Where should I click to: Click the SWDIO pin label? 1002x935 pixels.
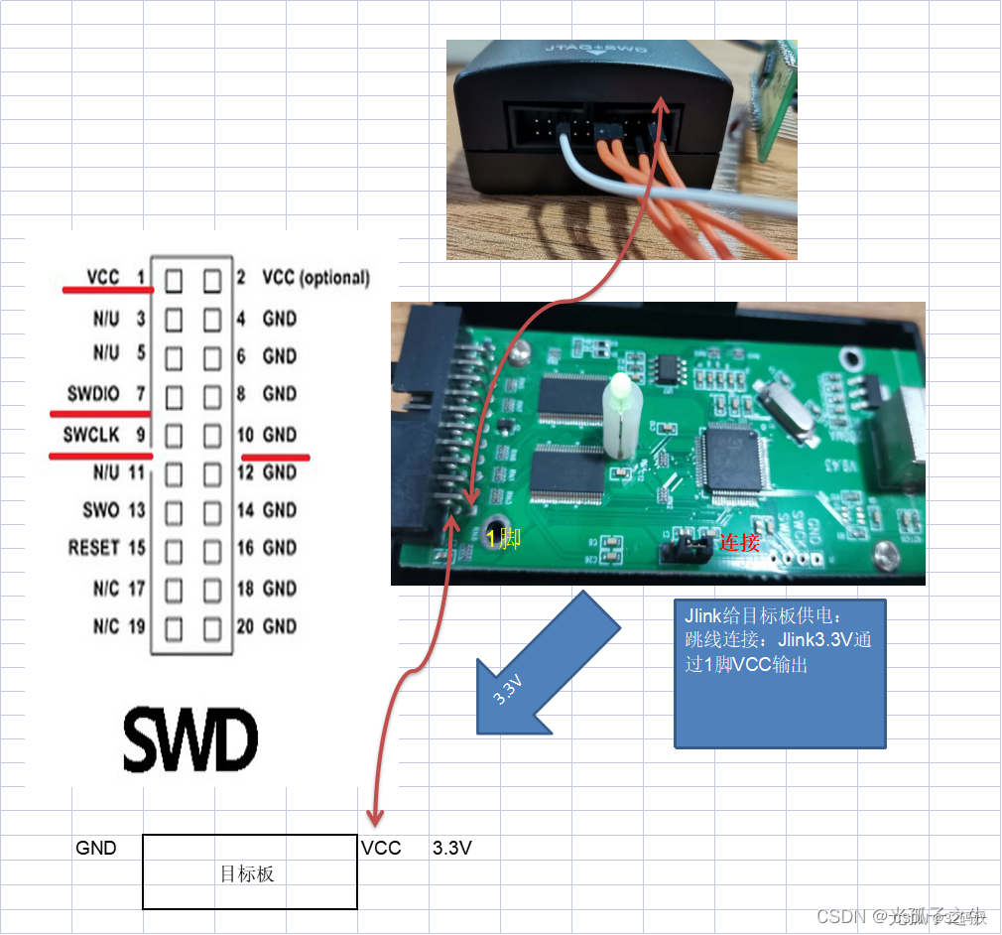93,394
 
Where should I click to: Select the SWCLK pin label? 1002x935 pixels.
91,434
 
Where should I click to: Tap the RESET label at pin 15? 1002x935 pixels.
93,548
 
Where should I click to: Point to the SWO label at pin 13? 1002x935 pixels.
101,510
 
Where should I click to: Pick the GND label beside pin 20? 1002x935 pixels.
280,626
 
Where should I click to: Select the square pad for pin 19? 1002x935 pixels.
175,627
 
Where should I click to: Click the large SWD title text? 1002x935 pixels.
190,738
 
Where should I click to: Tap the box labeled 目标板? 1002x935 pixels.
249,871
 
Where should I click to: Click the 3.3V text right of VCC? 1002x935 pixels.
452,848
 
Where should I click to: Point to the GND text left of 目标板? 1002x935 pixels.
96,848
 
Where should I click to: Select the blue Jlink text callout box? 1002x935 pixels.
779,673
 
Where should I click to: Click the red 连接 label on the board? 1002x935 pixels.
740,543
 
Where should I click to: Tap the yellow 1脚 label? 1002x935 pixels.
502,539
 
